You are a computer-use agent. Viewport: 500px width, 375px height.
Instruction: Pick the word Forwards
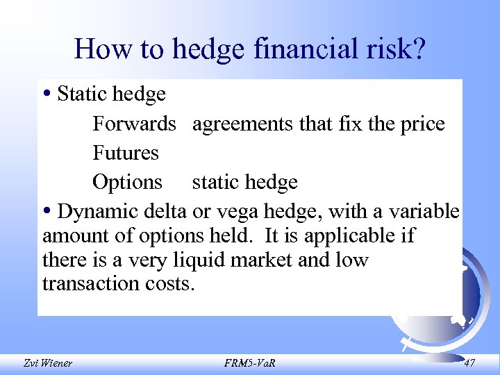[x=134, y=124]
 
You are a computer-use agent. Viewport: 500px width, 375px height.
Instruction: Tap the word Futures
[x=126, y=153]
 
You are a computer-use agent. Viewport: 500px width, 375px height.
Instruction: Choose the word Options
[x=127, y=182]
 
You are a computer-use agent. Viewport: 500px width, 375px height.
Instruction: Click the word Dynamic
[x=97, y=211]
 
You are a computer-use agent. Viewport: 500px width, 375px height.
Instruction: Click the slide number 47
[x=469, y=362]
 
